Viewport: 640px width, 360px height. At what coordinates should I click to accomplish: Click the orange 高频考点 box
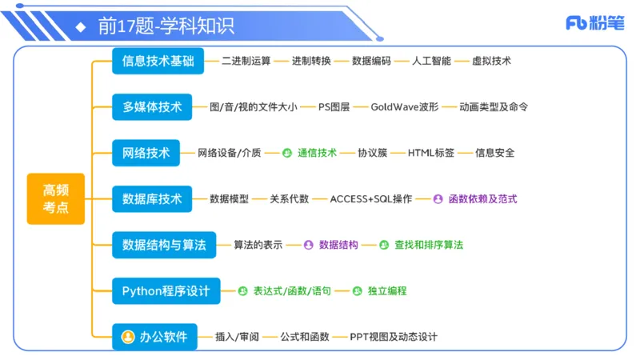pyautogui.click(x=55, y=198)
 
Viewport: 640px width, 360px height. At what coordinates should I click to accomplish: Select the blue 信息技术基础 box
pyautogui.click(x=158, y=61)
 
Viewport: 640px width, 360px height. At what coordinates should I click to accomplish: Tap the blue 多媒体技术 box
pyautogui.click(x=152, y=106)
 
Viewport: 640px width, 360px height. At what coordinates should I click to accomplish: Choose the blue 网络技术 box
pyautogui.click(x=146, y=153)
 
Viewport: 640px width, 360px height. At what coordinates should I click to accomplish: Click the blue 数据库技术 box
pyautogui.click(x=152, y=198)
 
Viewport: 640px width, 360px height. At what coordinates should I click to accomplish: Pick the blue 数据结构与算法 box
pyautogui.click(x=164, y=245)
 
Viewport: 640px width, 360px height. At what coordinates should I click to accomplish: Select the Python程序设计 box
pyautogui.click(x=166, y=290)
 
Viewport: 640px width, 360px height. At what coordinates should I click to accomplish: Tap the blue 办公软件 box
pyautogui.click(x=154, y=337)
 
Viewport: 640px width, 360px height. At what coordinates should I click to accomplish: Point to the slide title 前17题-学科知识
pyautogui.click(x=166, y=26)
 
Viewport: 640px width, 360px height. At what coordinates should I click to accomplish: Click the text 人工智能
pyautogui.click(x=432, y=61)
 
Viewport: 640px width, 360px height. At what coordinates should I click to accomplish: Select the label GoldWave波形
pyautogui.click(x=405, y=107)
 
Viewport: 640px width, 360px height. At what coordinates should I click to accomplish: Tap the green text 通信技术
pyautogui.click(x=317, y=153)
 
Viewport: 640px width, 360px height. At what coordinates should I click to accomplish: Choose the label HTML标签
pyautogui.click(x=431, y=153)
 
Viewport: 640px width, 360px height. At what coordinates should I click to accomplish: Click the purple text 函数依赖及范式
pyautogui.click(x=482, y=199)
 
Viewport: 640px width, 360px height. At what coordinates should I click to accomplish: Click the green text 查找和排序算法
pyautogui.click(x=429, y=245)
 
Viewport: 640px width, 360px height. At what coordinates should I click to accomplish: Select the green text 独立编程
pyautogui.click(x=387, y=291)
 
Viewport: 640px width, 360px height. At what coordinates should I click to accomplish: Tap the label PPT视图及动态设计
pyautogui.click(x=394, y=337)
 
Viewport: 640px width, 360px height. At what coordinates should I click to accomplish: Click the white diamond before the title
pyautogui.click(x=80, y=26)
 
